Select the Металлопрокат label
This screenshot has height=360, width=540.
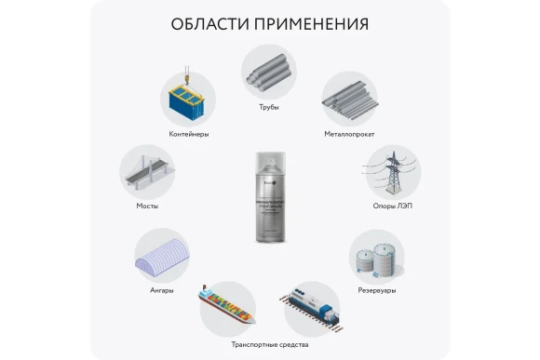click(x=349, y=134)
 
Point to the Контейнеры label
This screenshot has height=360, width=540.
click(x=189, y=134)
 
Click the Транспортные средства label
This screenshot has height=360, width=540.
click(x=268, y=343)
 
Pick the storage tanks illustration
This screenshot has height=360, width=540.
click(x=376, y=255)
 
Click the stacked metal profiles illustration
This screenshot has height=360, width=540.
click(x=349, y=98)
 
